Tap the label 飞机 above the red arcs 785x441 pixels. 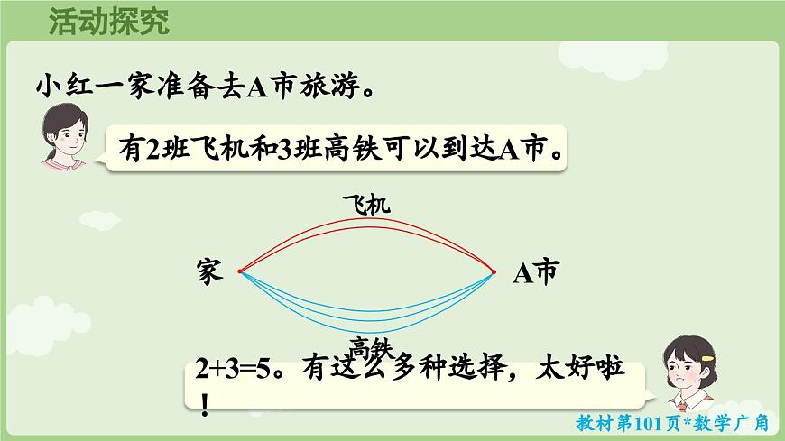[x=366, y=206]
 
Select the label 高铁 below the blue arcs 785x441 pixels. [x=371, y=346]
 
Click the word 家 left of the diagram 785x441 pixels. [x=208, y=271]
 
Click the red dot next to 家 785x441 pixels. [x=240, y=271]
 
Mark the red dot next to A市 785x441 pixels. [x=494, y=271]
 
